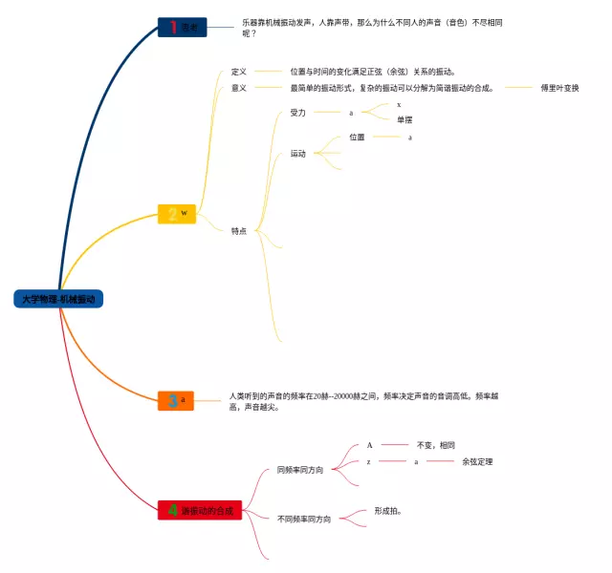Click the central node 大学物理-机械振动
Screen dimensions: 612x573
click(59, 299)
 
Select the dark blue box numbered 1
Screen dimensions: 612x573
click(182, 28)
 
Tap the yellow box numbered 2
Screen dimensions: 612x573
click(177, 214)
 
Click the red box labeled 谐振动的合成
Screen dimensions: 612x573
click(200, 511)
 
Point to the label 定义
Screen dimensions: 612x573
click(239, 72)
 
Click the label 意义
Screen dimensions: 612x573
click(239, 88)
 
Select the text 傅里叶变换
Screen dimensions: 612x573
click(559, 88)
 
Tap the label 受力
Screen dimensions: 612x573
click(298, 113)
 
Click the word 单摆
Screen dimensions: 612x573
click(405, 119)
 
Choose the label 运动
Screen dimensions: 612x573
click(298, 154)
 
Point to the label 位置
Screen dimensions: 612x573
click(357, 138)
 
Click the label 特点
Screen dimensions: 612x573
click(239, 230)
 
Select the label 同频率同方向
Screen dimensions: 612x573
click(300, 470)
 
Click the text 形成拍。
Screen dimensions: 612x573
click(387, 511)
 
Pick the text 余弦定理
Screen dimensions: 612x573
click(477, 462)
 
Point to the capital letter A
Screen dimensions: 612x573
click(370, 445)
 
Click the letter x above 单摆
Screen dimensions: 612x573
click(399, 104)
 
